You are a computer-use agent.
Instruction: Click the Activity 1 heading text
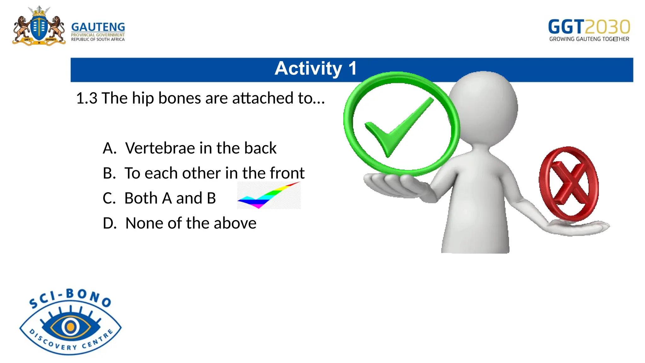point(316,68)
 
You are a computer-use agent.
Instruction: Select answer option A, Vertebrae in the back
point(190,148)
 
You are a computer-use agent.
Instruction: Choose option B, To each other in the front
point(203,173)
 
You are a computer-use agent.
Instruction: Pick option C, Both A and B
point(159,198)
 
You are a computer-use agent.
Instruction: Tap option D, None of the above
point(180,223)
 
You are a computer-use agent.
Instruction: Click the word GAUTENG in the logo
point(98,27)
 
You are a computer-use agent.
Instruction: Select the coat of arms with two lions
point(39,27)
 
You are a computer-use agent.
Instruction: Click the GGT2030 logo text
point(589,27)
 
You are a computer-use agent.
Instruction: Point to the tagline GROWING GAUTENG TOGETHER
point(589,39)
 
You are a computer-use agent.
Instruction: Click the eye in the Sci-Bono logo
point(71,326)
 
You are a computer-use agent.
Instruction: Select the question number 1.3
point(87,98)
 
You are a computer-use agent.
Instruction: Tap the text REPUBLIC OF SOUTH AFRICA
point(98,39)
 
